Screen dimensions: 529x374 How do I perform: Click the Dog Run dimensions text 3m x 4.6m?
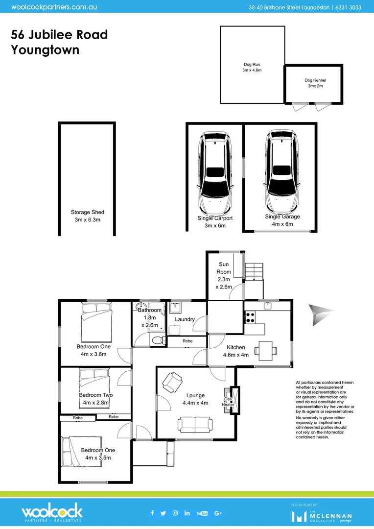252,71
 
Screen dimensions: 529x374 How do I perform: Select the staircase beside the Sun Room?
254,271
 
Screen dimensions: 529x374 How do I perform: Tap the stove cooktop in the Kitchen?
250,317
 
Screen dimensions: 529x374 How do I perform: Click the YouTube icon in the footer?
202,513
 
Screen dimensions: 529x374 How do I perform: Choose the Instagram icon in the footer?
175,513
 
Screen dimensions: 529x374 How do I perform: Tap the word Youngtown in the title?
45,50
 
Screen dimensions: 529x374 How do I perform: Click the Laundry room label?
185,319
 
